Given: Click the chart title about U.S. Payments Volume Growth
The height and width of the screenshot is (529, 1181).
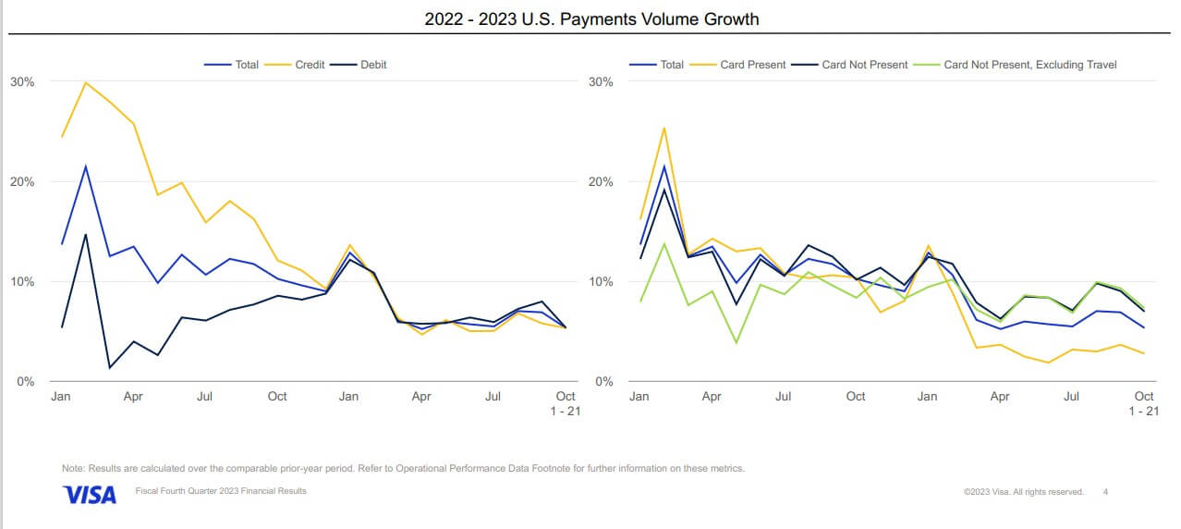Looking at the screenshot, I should (591, 18).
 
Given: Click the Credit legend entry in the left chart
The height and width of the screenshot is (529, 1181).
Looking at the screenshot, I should (310, 65).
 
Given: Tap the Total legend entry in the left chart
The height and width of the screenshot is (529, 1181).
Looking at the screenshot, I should (247, 65).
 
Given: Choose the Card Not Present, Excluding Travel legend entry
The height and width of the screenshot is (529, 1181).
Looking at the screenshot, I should (1029, 65).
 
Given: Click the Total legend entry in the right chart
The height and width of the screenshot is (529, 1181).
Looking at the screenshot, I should (671, 65).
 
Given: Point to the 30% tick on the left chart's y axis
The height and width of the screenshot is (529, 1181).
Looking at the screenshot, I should (22, 81).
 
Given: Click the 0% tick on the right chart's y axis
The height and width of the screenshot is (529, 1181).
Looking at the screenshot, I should (603, 381).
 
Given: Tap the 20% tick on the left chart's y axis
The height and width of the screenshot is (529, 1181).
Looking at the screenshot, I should (22, 181).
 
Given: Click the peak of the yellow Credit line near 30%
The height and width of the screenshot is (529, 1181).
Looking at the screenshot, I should (86, 82).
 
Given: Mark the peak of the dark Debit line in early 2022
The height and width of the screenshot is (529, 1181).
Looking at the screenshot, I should (86, 234).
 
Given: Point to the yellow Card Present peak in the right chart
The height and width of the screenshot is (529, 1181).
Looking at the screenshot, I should (664, 128).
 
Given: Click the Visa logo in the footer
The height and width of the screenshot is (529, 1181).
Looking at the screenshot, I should (90, 495).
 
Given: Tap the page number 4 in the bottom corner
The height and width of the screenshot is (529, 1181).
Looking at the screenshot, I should (1106, 492).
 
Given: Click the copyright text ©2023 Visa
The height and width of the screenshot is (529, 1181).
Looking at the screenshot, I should (1023, 492).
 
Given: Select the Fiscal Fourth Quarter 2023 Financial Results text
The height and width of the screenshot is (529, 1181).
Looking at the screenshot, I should (221, 491).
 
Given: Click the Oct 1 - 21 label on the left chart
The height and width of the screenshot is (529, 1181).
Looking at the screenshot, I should (565, 403).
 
